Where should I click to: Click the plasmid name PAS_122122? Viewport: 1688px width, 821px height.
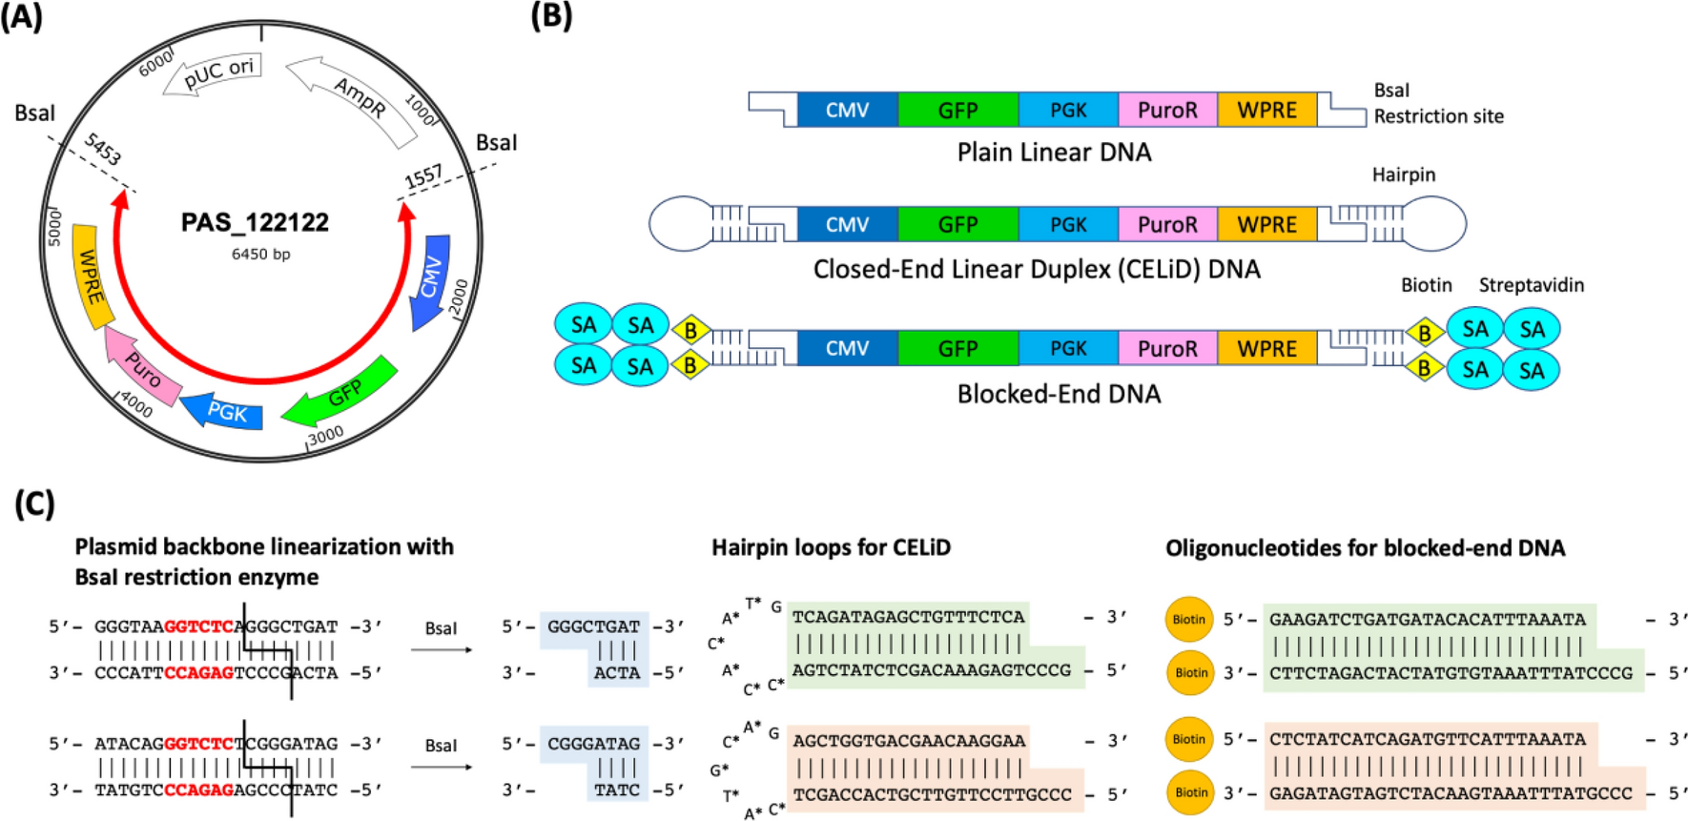pos(255,223)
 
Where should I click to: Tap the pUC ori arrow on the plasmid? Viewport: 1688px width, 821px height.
pos(214,74)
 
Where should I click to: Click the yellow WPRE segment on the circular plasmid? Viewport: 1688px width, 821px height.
pos(92,276)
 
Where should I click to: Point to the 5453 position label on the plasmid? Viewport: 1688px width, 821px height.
pos(102,151)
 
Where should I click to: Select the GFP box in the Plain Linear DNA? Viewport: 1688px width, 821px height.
pos(957,110)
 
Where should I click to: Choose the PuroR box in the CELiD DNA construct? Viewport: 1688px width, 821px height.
pos(1167,225)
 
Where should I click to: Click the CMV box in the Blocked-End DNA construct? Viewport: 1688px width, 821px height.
pos(847,349)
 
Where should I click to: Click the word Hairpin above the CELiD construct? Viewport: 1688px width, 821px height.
pos(1403,174)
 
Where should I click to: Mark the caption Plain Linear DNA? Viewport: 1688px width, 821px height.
pos(1054,153)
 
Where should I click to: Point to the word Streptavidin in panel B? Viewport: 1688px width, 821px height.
pos(1531,285)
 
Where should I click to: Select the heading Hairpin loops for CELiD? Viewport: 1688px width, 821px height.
pos(831,547)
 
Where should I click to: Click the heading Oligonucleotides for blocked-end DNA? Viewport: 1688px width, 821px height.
pos(1365,547)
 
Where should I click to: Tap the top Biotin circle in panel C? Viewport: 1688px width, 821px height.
pos(1188,619)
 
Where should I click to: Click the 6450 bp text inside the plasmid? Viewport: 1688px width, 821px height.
pos(260,255)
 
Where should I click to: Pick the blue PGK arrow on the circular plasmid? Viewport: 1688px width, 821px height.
pos(225,412)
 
